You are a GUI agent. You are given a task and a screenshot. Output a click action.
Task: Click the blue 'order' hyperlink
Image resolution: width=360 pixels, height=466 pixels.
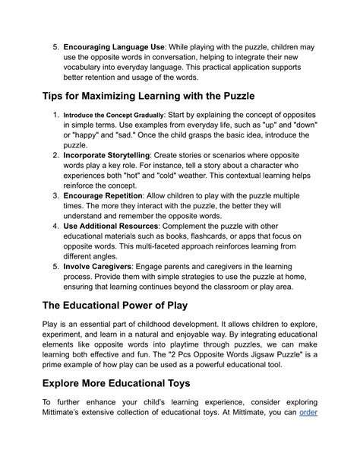(x=308, y=413)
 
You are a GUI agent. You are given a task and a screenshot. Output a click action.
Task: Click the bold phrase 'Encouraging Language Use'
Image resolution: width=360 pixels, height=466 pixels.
(x=114, y=47)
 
